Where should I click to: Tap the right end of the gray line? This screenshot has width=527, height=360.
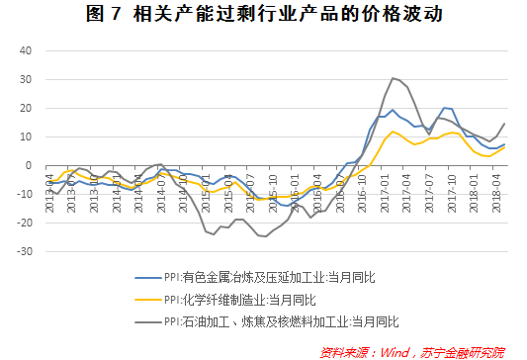coord(504,124)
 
